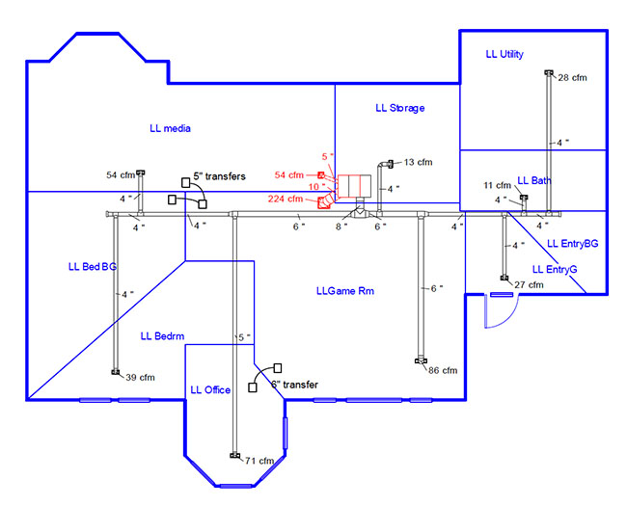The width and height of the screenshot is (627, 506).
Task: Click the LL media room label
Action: tap(170, 128)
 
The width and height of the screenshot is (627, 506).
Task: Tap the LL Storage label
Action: tap(399, 108)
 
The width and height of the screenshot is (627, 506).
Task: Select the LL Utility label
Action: tap(504, 55)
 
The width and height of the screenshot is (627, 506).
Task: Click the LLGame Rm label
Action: tap(344, 290)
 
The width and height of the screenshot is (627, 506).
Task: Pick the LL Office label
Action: tap(210, 389)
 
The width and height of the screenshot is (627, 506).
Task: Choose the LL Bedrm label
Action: tap(162, 335)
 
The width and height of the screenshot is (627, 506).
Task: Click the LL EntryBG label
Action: tap(572, 244)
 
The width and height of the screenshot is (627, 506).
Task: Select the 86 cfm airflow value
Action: tap(443, 370)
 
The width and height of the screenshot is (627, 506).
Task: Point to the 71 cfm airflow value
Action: tap(259, 461)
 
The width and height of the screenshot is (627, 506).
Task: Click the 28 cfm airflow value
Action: tap(572, 77)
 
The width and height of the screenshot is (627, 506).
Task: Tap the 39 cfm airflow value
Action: tap(140, 377)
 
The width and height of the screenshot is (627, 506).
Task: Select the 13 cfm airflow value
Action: tap(416, 162)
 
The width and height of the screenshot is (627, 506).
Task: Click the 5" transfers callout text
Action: tap(219, 176)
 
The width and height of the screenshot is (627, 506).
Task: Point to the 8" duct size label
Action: tap(340, 226)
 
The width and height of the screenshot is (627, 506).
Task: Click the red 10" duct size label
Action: tap(316, 187)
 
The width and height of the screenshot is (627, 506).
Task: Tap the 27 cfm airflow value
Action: tap(529, 285)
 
